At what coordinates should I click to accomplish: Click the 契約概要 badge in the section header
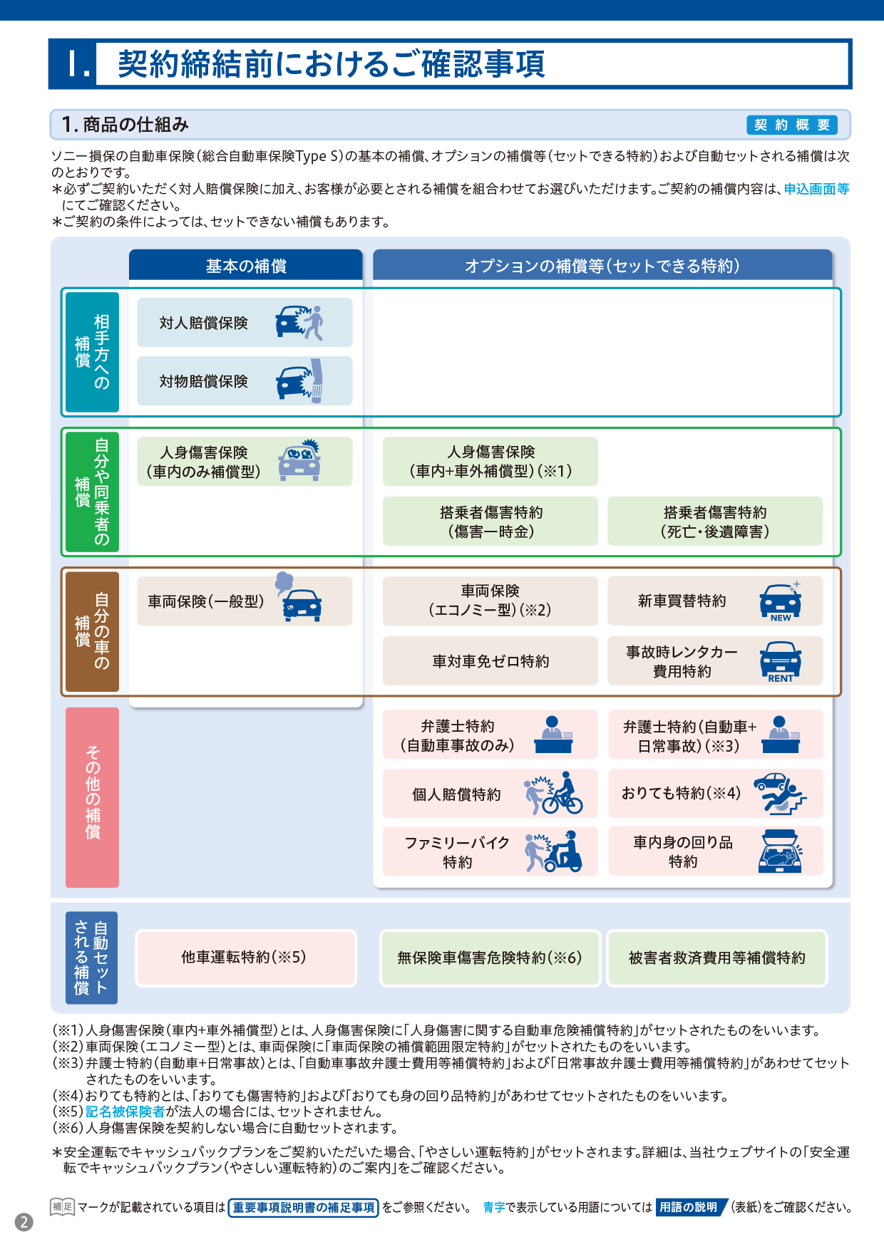point(791,125)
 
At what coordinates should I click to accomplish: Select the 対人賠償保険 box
point(245,323)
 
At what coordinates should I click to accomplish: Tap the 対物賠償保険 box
point(245,381)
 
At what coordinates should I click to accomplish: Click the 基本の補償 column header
point(246,265)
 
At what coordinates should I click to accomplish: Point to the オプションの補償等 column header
point(602,265)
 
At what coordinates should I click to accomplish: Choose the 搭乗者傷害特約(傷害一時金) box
point(490,522)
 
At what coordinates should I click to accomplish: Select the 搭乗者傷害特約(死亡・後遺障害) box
point(715,522)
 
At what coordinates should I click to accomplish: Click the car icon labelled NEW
point(781,601)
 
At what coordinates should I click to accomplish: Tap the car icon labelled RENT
point(781,662)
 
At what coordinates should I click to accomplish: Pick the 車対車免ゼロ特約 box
point(490,661)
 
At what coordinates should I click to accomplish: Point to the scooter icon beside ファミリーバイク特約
point(554,851)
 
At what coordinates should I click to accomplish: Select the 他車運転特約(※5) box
point(245,958)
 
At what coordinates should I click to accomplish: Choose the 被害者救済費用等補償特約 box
point(716,958)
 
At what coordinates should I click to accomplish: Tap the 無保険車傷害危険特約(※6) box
point(490,958)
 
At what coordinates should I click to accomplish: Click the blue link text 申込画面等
point(816,189)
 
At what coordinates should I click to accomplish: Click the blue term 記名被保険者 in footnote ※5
point(125,1111)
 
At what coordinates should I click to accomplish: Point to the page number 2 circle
point(24,1222)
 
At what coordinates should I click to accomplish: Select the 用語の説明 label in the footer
point(690,1207)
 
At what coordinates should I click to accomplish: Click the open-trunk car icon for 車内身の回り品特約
point(781,851)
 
